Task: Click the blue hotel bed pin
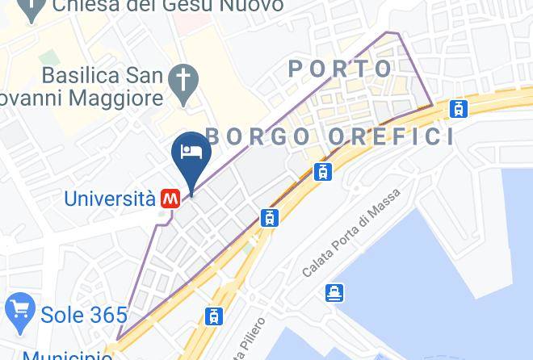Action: point(191,151)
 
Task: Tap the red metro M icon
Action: point(170,199)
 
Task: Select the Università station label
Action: point(109,199)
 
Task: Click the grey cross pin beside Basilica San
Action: point(183,81)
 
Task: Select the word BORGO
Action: point(258,136)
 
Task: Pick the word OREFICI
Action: point(390,136)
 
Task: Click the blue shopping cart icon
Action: point(19,310)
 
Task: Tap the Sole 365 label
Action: point(83,315)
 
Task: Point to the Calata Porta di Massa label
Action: point(340,241)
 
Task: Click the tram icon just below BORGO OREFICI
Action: point(323,171)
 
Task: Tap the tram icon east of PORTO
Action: point(460,108)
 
